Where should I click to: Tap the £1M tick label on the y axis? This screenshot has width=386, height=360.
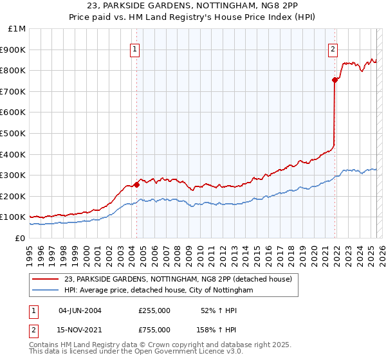(x=17, y=29)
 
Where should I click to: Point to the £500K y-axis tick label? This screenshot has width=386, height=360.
(x=14, y=134)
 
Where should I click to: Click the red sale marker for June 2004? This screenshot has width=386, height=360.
(x=137, y=184)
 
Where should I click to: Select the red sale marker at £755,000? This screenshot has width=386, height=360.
(x=335, y=80)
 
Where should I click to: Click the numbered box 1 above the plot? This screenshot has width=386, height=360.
(x=135, y=50)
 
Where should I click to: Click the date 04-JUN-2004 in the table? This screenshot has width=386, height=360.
(x=80, y=310)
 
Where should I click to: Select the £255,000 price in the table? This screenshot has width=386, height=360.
(x=154, y=310)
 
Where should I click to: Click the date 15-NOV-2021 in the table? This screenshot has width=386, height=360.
(x=80, y=330)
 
